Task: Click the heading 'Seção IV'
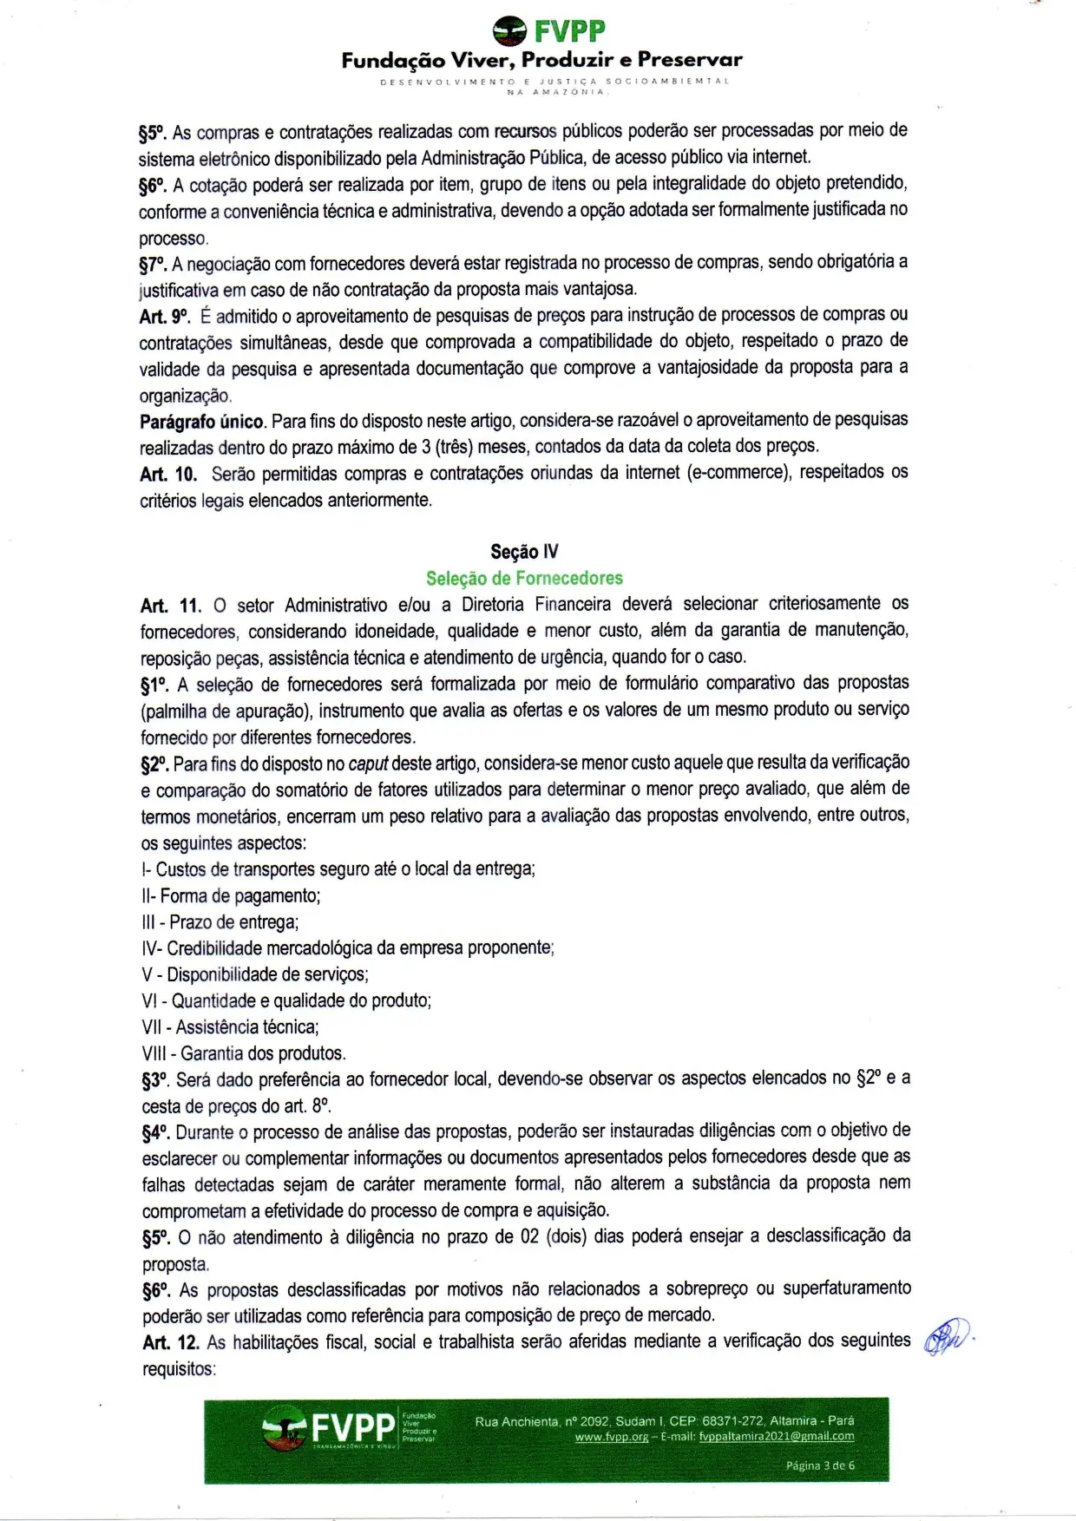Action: tap(524, 552)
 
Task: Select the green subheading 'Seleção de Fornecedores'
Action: tap(524, 578)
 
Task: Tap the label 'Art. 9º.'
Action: tap(164, 317)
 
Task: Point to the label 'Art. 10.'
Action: tap(168, 475)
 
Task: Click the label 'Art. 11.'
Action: tap(171, 606)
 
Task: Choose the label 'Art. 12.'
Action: tap(171, 1342)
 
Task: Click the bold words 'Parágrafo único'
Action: tap(201, 423)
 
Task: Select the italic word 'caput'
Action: tap(368, 764)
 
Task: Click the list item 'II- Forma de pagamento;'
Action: tap(231, 895)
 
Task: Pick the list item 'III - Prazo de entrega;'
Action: tap(220, 922)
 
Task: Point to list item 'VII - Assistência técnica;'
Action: tap(231, 1027)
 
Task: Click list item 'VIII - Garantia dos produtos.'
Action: tap(244, 1053)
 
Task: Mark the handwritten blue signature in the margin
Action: tap(947, 1338)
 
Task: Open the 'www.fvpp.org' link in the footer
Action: tap(612, 1437)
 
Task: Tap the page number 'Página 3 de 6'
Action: tap(820, 1465)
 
